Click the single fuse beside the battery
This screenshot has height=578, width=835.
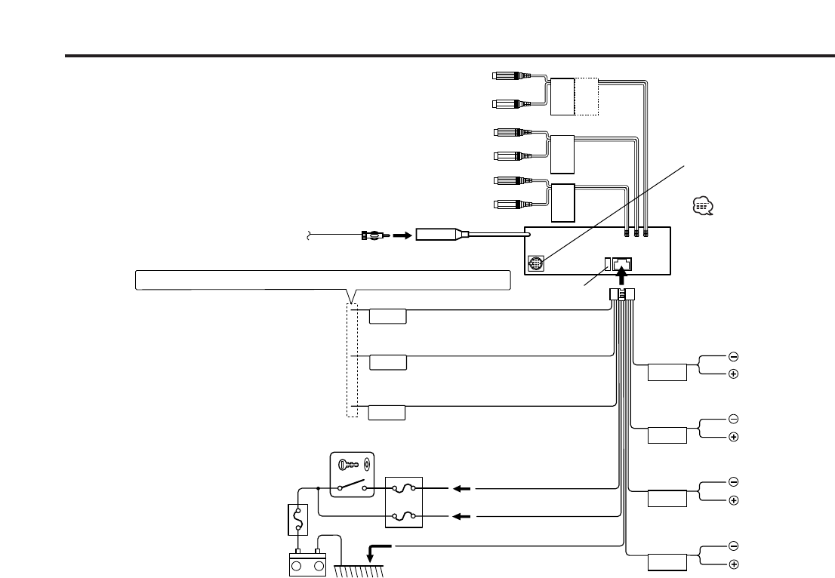[x=299, y=520]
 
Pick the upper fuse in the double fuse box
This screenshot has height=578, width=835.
[x=404, y=488]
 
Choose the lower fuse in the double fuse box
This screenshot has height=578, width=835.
[x=404, y=516]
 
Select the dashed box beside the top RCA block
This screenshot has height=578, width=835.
[x=587, y=97]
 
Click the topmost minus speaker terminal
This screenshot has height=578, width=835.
[x=733, y=356]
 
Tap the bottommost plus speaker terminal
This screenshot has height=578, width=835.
[x=733, y=564]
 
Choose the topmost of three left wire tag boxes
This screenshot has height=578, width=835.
[x=387, y=315]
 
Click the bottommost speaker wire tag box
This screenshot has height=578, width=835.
[x=667, y=563]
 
